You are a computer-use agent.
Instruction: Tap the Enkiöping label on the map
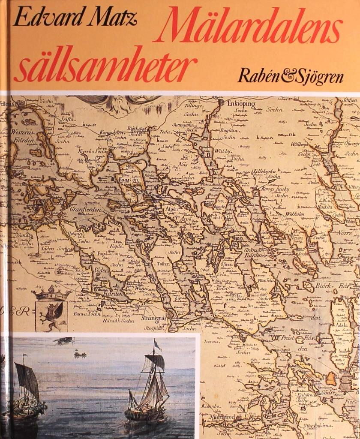pos(241,104)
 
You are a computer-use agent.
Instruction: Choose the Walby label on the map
pos(222,151)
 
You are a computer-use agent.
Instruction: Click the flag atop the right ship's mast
pos(157,346)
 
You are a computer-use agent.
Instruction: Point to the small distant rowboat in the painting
pos(80,354)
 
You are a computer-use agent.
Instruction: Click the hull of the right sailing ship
pos(144,414)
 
